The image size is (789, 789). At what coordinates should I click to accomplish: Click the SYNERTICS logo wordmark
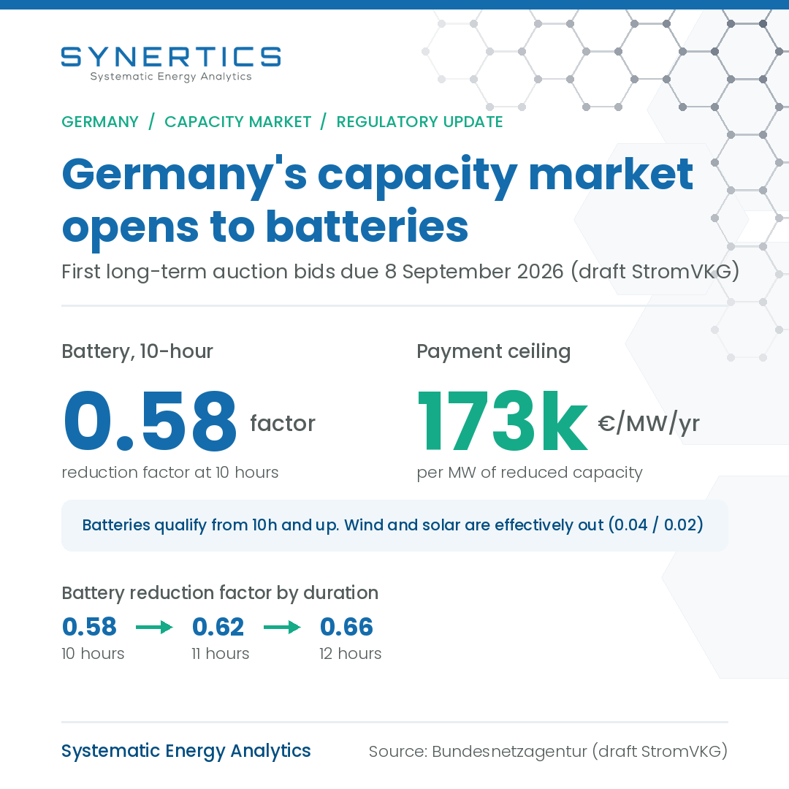tap(171, 57)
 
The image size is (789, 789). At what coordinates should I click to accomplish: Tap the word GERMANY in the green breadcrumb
tap(100, 122)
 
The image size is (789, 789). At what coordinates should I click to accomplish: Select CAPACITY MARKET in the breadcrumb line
tap(238, 122)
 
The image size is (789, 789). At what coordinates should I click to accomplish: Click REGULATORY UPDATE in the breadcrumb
tap(419, 122)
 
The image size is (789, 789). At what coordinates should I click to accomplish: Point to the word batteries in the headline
tap(367, 227)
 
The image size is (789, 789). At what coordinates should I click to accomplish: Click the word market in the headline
tap(611, 174)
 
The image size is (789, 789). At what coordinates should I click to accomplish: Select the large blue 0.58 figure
tap(150, 422)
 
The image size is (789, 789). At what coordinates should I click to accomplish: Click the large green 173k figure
tap(502, 422)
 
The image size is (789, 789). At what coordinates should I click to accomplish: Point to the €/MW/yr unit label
tap(649, 424)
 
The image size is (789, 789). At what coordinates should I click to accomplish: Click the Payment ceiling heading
tap(494, 351)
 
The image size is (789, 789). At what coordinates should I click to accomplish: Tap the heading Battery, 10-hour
tap(137, 351)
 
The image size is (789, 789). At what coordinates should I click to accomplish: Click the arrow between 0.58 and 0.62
tap(154, 627)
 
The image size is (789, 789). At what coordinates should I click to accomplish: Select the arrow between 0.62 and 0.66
tap(282, 627)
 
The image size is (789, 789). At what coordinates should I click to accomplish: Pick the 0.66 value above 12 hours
tap(347, 627)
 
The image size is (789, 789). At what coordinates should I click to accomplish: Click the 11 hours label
tap(221, 654)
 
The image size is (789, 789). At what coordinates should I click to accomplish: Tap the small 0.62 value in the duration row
tap(218, 627)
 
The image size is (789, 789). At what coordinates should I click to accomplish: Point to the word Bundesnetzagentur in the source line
tap(509, 751)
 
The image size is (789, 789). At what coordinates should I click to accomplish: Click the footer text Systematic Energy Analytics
tap(186, 751)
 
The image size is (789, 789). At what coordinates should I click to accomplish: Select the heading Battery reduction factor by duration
tap(220, 592)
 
